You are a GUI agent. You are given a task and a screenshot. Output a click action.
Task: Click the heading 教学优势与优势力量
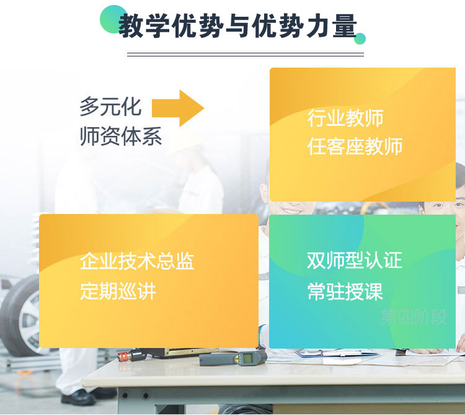tap(237, 26)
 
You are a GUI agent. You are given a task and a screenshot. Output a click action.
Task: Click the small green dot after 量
tap(360, 38)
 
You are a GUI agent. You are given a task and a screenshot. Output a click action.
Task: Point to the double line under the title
tap(246, 55)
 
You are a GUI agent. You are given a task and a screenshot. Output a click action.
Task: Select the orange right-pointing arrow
tap(178, 108)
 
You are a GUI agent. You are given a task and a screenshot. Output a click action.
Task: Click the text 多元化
tap(110, 106)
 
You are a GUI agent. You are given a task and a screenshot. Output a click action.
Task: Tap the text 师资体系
tap(121, 136)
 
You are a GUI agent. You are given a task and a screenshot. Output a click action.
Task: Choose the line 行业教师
tap(345, 118)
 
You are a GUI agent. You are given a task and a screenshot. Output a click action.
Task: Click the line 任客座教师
tap(355, 146)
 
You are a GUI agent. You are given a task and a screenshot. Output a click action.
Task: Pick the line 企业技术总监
tap(137, 261)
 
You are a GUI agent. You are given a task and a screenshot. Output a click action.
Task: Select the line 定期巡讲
tap(118, 292)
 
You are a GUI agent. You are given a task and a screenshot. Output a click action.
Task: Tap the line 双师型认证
tap(355, 260)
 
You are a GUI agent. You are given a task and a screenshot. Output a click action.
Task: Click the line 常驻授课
tap(345, 292)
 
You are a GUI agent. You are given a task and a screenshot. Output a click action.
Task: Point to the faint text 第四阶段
tap(414, 317)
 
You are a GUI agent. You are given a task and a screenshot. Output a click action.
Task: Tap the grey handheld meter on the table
tap(232, 359)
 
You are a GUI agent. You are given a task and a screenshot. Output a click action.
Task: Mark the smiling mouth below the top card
tap(292, 210)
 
